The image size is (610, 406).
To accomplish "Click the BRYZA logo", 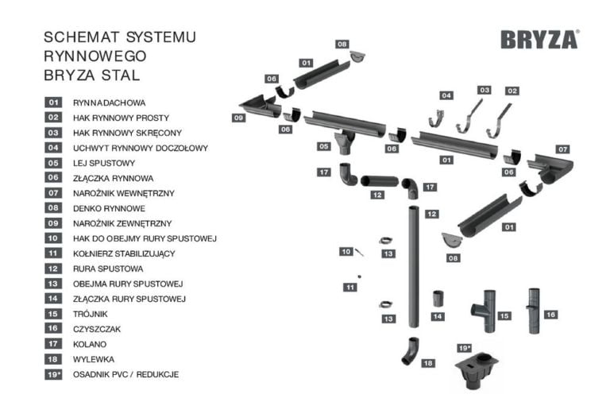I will click(539, 40).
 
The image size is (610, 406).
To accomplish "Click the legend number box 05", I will click(54, 163).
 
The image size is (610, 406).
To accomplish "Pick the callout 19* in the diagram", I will click(465, 348).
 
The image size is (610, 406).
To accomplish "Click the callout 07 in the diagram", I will click(562, 149).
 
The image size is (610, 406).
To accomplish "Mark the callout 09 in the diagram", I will click(237, 118).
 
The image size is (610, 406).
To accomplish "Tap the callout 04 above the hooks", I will click(446, 95).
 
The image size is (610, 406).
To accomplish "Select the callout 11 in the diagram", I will click(350, 287).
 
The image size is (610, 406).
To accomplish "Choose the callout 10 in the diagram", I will click(346, 251).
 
